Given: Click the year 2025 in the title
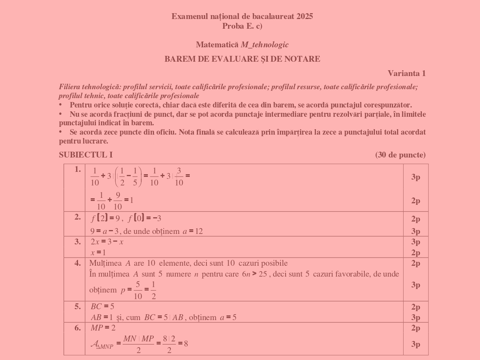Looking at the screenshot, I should (x=305, y=16).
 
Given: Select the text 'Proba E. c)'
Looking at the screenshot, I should (x=242, y=26).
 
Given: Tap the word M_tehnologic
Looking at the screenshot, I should (x=265, y=45).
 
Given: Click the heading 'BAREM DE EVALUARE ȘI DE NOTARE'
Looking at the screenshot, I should (x=242, y=59).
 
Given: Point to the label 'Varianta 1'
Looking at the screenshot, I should (x=406, y=73).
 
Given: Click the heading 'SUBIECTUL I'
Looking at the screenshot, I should (x=86, y=155).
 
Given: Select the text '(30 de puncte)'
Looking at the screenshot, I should (x=400, y=155).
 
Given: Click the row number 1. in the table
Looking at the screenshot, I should (x=78, y=169).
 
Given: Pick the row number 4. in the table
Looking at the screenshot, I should (x=78, y=263).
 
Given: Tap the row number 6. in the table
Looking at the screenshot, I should (x=78, y=328).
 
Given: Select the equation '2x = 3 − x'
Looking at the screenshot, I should (x=107, y=242).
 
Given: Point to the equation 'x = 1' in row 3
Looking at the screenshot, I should (x=98, y=253).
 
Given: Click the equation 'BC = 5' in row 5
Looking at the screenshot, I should (x=102, y=306).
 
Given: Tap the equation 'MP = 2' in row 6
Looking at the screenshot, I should (x=103, y=328).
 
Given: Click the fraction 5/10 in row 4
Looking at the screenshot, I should (x=138, y=290).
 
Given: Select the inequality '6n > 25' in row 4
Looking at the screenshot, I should (x=252, y=274).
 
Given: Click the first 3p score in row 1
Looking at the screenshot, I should (x=416, y=177).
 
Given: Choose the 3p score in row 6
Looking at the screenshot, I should (x=416, y=344).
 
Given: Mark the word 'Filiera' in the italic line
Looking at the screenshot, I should (x=70, y=87).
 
